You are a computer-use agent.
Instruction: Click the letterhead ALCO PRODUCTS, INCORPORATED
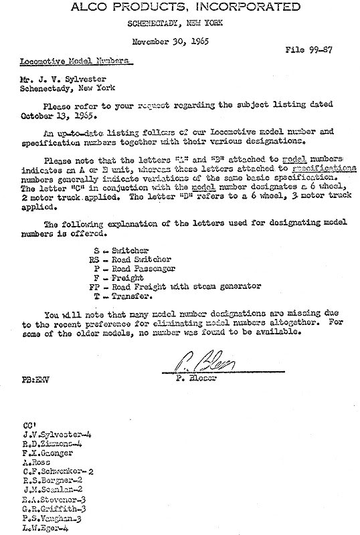(179, 7)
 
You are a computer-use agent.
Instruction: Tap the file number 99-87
(319, 49)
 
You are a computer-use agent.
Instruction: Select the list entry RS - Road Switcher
(134, 259)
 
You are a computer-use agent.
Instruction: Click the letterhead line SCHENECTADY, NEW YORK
(179, 23)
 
